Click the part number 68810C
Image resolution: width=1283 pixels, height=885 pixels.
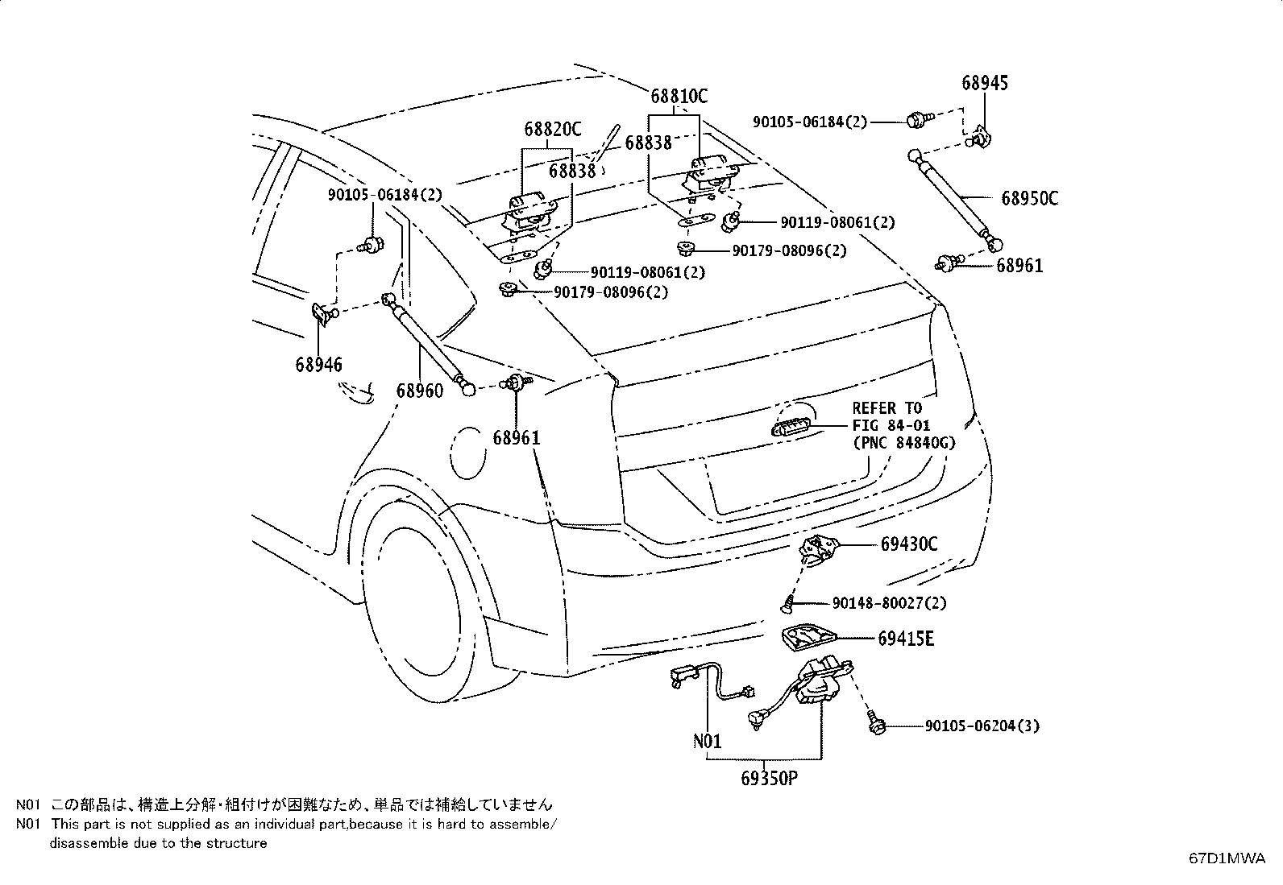[x=679, y=96]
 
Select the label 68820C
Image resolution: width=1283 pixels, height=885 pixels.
[x=552, y=130]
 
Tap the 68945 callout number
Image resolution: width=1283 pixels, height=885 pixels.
[x=985, y=83]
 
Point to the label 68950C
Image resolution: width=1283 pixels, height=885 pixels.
[x=1029, y=198]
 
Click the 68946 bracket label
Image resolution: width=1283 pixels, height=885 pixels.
[x=318, y=365]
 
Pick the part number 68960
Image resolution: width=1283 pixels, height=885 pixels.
[x=420, y=391]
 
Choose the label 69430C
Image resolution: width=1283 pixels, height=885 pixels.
[x=909, y=544]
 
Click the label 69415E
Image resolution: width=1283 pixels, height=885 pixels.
[x=906, y=639]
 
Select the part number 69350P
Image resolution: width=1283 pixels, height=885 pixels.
[x=769, y=779]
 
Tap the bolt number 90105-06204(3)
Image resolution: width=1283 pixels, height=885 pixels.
[x=982, y=726]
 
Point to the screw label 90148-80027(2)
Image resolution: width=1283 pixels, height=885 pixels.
[x=889, y=603]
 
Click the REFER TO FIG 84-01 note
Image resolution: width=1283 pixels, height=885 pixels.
[x=904, y=425]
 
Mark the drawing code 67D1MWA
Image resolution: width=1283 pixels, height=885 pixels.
[x=1227, y=858]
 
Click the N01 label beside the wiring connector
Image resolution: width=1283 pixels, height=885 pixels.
[x=707, y=742]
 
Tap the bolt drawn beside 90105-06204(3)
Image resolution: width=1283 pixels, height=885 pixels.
[x=876, y=722]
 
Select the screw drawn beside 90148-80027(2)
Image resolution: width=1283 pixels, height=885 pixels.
[x=787, y=604]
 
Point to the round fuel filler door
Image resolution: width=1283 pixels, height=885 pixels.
[x=468, y=453]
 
